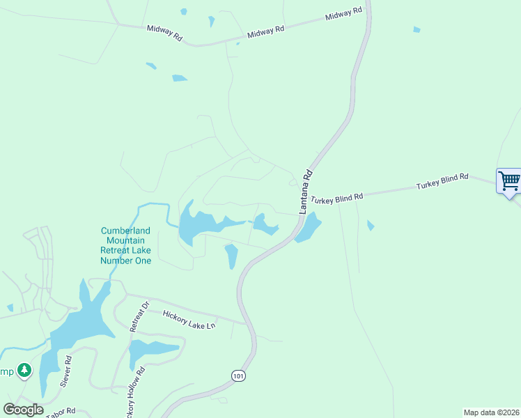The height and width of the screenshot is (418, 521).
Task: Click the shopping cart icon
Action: (509, 181)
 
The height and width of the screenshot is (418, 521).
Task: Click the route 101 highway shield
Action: (239, 376)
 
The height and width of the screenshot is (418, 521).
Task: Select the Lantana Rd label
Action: (305, 191)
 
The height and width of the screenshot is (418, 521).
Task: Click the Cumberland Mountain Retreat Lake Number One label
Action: (125, 245)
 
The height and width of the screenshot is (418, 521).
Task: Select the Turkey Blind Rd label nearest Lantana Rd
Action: (337, 199)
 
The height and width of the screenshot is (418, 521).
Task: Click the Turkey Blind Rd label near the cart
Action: (443, 183)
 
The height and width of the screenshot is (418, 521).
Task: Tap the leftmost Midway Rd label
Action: (164, 33)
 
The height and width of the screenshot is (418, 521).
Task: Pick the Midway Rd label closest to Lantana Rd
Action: (344, 13)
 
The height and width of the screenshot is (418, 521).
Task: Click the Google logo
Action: (23, 410)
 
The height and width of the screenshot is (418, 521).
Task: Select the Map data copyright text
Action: (491, 412)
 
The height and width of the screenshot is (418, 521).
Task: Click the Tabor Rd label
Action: (61, 412)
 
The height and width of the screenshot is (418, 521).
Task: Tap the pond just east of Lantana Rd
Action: (309, 227)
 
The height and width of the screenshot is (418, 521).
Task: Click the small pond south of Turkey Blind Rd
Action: (371, 226)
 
